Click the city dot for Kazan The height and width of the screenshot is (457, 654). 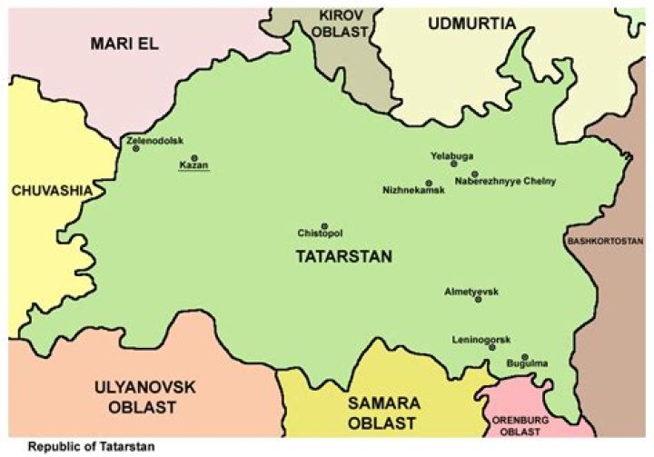coord(193,157)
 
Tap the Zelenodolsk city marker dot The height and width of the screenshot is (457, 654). coord(135,148)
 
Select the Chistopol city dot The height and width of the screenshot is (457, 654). coord(324,226)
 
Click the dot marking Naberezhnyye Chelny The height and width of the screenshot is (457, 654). coord(474,174)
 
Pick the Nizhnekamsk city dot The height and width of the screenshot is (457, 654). coord(429,183)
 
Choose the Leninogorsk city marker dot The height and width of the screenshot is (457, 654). coord(492,347)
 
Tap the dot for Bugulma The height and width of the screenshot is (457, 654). coord(524,356)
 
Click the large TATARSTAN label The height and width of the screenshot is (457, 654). coord(344,257)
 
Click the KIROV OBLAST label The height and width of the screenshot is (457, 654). coord(342,23)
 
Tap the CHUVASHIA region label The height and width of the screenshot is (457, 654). coord(52,191)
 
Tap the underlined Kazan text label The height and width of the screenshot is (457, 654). coord(193,167)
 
